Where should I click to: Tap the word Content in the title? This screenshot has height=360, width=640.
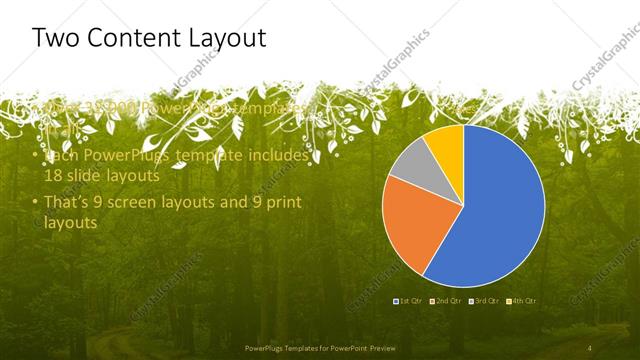(x=141, y=39)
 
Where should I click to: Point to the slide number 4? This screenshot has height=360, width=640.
(x=591, y=347)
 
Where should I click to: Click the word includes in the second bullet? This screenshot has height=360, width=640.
(x=281, y=156)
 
